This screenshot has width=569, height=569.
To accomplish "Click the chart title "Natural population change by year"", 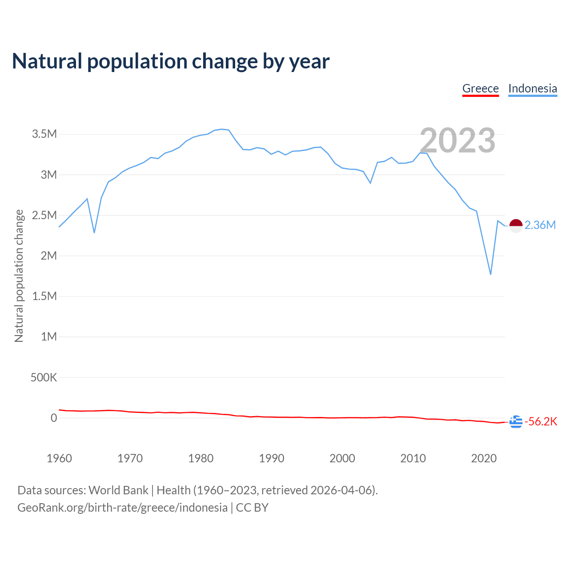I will pos(171,61).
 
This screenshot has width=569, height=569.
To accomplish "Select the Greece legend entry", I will pos(481,88).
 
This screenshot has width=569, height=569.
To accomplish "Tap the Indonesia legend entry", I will pos(533,88).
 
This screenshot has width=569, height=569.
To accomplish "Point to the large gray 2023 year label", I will pos(457,140).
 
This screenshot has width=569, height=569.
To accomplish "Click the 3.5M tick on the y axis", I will pos(44,134).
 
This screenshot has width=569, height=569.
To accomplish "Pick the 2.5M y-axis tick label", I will pos(44,216).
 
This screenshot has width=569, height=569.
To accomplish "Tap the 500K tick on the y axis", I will pos(44,378).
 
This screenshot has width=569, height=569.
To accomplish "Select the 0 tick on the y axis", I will pos(54,418).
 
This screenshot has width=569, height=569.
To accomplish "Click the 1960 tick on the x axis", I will pos(59,458).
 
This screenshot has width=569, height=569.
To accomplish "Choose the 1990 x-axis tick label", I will pos(272,458).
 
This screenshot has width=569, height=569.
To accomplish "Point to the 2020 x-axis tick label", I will pos(484,458).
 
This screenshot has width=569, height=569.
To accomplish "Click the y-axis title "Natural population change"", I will pos(19,276).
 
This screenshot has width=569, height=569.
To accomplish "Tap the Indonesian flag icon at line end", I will pos(516,226).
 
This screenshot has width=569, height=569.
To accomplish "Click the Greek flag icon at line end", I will pos(516,421).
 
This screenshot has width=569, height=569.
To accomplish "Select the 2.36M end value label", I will pos(540,225).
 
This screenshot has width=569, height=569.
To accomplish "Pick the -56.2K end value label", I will pos(541,421).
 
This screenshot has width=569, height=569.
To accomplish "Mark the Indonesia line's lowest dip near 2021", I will pos(491,274).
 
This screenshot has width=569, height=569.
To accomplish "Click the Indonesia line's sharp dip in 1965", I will pos(94,232).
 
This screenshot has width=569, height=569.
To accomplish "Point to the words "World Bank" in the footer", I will pos(118,490).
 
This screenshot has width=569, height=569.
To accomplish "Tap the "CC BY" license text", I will pos(252,508).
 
